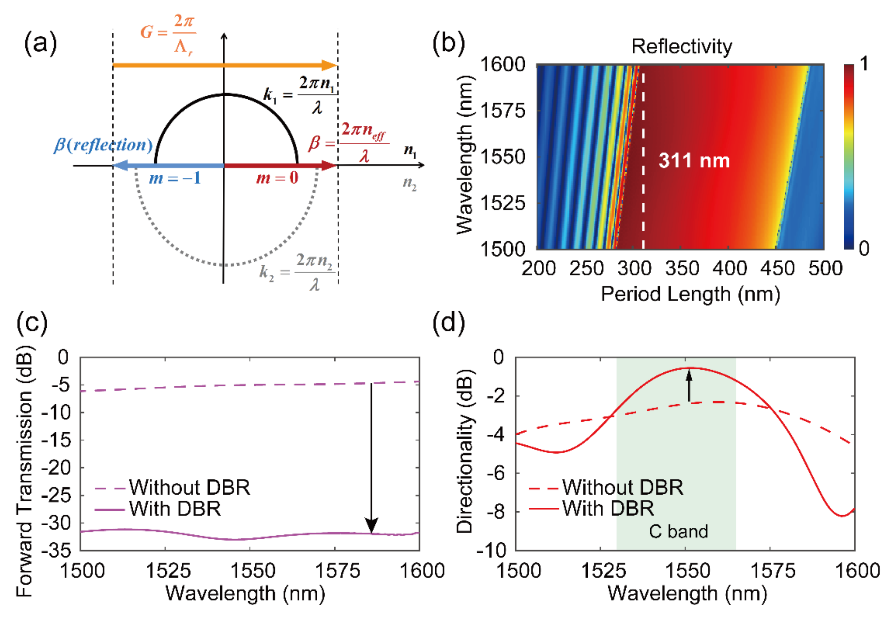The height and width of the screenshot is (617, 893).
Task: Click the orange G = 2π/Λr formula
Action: click(x=168, y=34)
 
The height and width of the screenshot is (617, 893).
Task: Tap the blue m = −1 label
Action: click(x=175, y=178)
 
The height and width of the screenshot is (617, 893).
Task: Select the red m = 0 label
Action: click(x=277, y=178)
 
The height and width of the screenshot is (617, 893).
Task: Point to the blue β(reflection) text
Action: click(x=103, y=145)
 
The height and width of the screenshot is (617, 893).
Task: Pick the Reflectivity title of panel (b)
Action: click(x=681, y=47)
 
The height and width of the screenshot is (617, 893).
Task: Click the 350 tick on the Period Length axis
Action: click(x=682, y=268)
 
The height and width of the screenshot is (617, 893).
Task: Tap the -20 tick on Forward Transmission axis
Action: click(x=56, y=468)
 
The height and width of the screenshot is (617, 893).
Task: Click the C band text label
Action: click(x=678, y=532)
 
